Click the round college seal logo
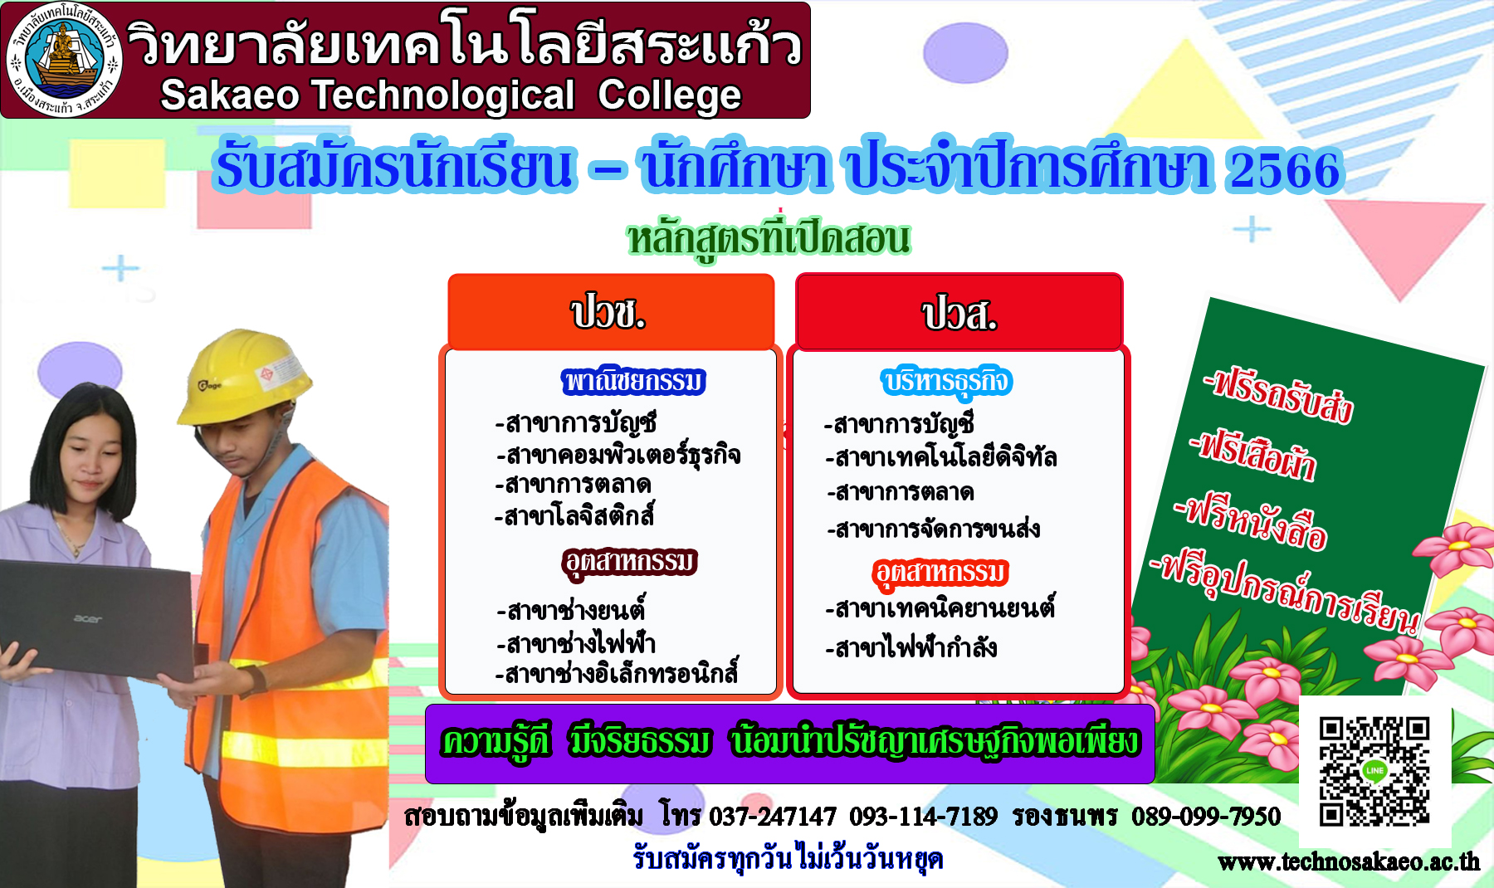(64, 60)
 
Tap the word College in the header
(669, 96)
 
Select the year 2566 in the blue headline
(1285, 169)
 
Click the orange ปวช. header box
(611, 311)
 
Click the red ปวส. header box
(959, 312)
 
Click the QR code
(1374, 772)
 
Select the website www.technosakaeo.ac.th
(1349, 862)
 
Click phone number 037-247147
(773, 817)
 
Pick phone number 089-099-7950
(1206, 817)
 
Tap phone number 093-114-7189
(923, 817)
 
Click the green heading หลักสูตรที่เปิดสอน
(769, 238)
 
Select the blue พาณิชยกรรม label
(633, 381)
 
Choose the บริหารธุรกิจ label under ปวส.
(946, 382)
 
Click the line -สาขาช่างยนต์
(571, 611)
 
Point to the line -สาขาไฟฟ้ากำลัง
(911, 647)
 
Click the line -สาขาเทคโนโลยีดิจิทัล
(941, 457)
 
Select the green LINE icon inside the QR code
(1374, 771)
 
